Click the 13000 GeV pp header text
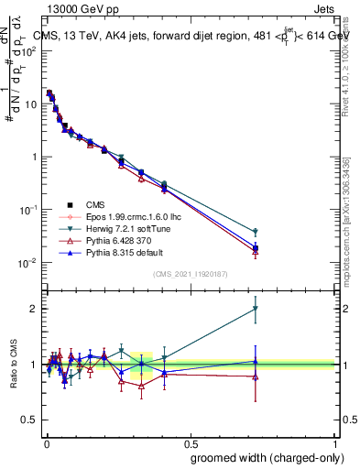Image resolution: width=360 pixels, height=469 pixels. pyautogui.click(x=77, y=9)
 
